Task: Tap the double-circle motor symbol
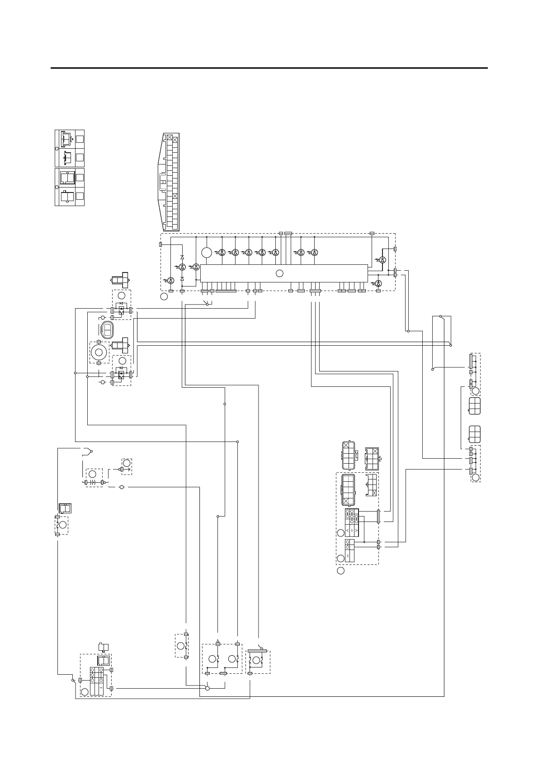[99, 351]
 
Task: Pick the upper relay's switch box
[121, 310]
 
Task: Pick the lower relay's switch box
[121, 375]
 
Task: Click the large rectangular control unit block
[283, 273]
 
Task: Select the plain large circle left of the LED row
[207, 253]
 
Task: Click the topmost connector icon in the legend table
[68, 139]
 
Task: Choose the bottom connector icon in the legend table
[67, 197]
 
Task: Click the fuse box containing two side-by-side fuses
[222, 659]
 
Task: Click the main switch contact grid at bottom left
[97, 681]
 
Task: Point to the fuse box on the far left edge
[62, 525]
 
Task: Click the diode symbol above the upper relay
[121, 303]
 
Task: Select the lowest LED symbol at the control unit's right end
[379, 283]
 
